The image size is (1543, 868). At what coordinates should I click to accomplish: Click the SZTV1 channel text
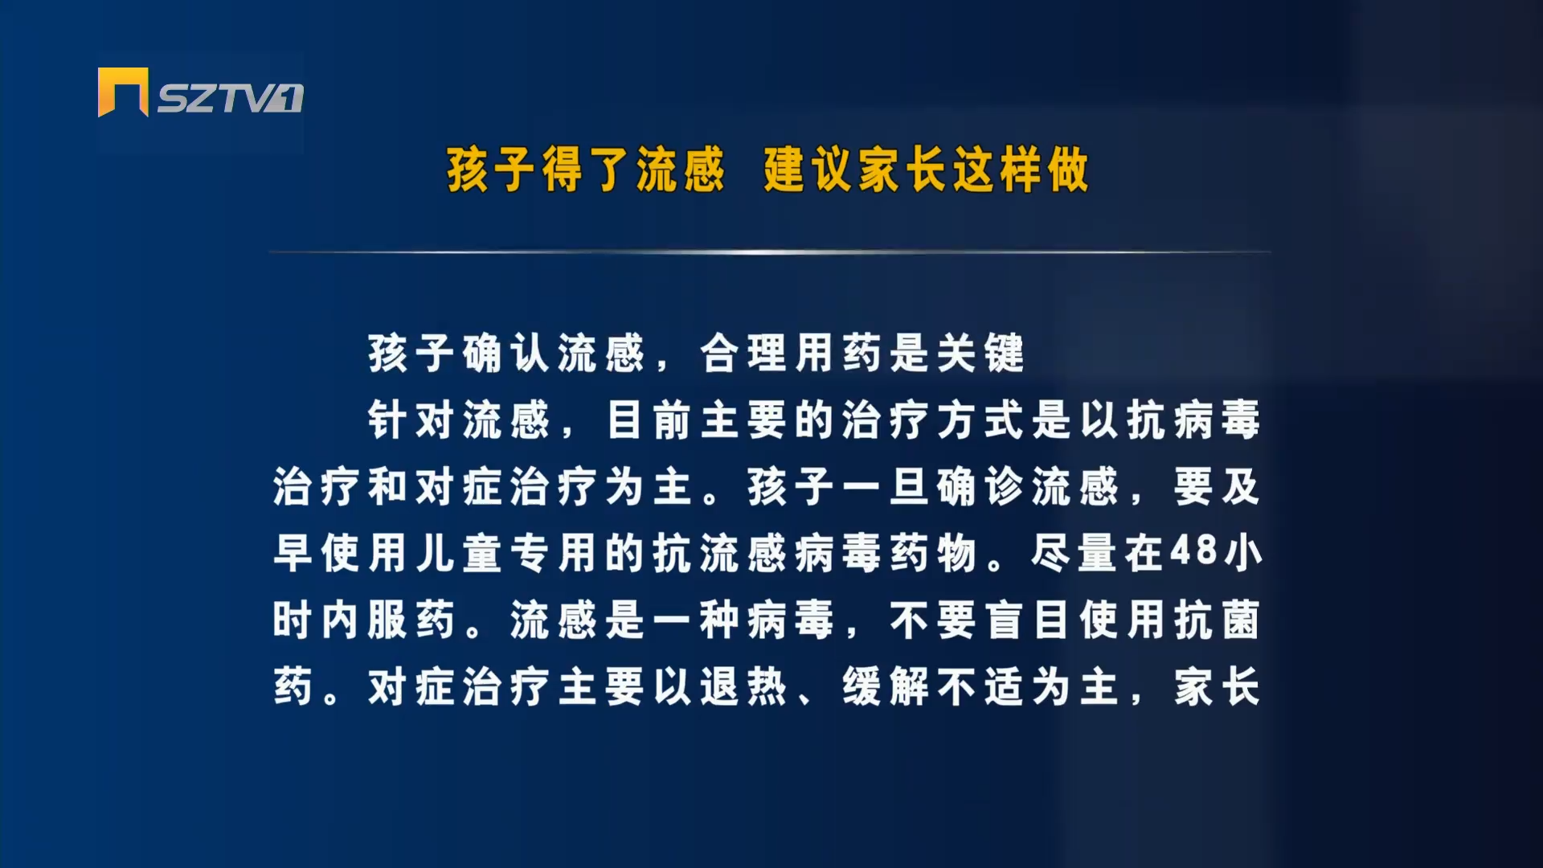[x=230, y=98]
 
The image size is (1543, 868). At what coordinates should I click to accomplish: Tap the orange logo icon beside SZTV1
[x=123, y=92]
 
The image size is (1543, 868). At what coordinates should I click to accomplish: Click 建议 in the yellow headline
[x=811, y=170]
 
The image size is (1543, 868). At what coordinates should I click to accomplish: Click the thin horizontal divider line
[x=770, y=252]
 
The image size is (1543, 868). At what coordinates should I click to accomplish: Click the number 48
[x=1193, y=552]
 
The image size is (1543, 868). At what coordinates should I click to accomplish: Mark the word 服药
[x=411, y=620]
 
